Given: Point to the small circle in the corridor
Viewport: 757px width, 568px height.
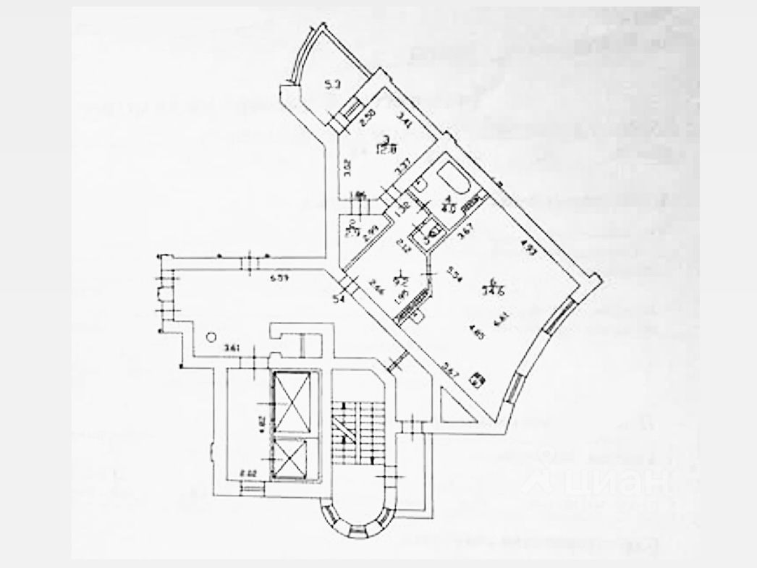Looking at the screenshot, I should (211, 336).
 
